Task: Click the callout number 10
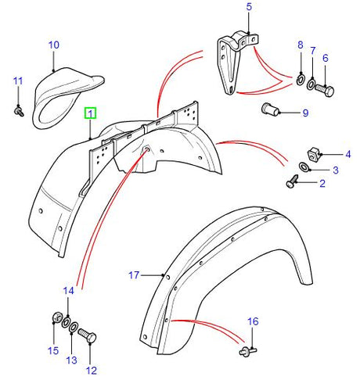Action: click(x=53, y=45)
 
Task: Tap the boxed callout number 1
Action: click(x=91, y=113)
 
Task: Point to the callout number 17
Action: click(x=134, y=274)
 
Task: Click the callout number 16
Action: click(x=252, y=321)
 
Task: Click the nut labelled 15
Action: click(x=56, y=317)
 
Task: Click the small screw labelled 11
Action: click(x=18, y=113)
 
